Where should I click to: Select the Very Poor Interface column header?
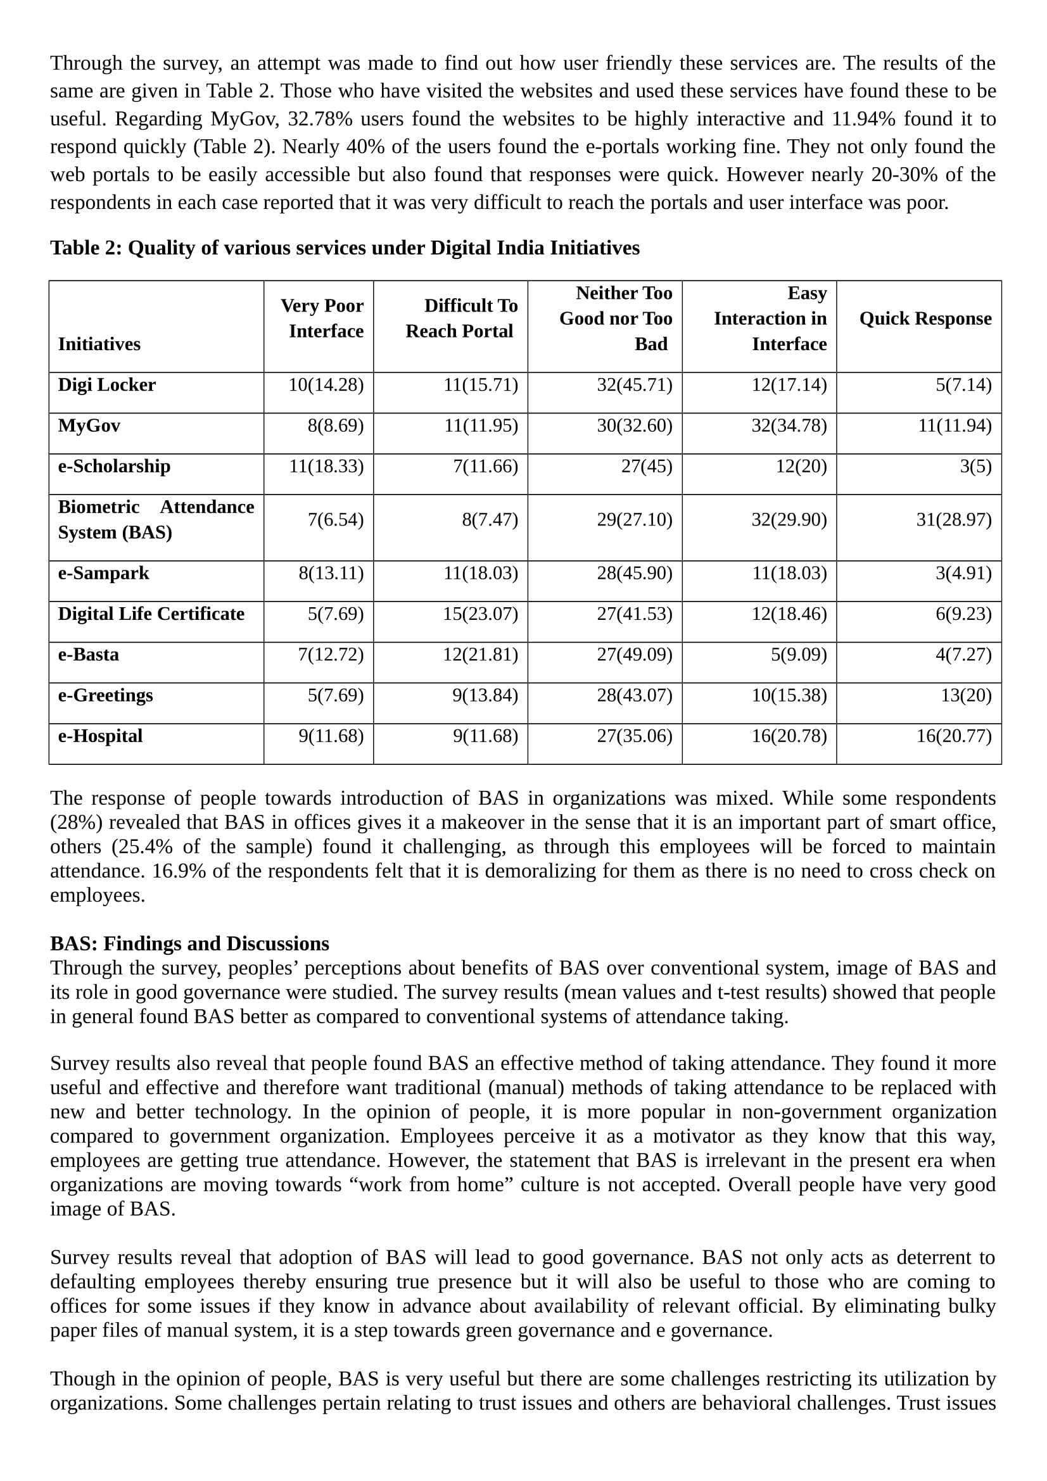pyautogui.click(x=326, y=318)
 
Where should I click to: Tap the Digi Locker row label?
pyautogui.click(x=107, y=385)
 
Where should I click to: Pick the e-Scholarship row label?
pyautogui.click(x=114, y=467)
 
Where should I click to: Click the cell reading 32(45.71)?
pyautogui.click(x=634, y=385)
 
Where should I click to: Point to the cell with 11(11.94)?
pyautogui.click(x=954, y=425)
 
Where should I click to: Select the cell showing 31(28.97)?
pyautogui.click(x=953, y=520)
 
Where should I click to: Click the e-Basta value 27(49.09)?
pyautogui.click(x=634, y=655)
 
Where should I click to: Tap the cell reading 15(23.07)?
pyautogui.click(x=480, y=614)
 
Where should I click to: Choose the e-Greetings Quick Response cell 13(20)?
pyautogui.click(x=966, y=695)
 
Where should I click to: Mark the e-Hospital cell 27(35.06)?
pyautogui.click(x=634, y=736)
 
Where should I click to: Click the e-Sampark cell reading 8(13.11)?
pyautogui.click(x=331, y=574)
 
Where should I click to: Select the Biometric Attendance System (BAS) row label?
pyautogui.click(x=155, y=520)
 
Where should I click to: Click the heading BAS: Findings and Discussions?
pyautogui.click(x=189, y=943)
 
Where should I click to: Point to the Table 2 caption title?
pyautogui.click(x=345, y=248)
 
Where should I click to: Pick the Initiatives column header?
pyautogui.click(x=99, y=344)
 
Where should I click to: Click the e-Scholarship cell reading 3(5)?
pyautogui.click(x=975, y=467)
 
